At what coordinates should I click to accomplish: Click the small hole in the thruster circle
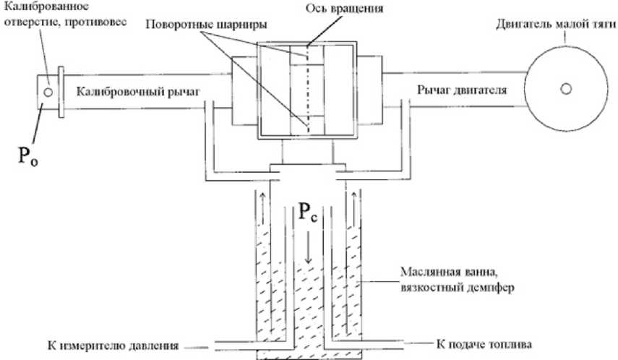click(x=565, y=87)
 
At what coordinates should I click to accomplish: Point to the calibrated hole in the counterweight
click(x=48, y=93)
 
